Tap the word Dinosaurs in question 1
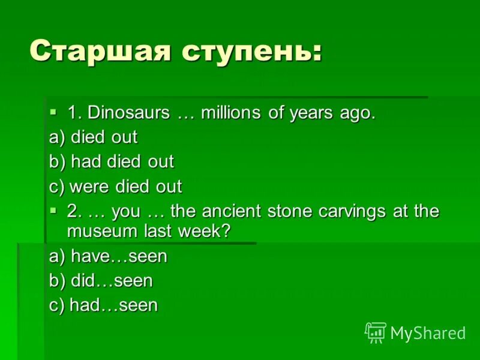(126, 113)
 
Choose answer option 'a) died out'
(93, 137)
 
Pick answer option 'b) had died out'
(111, 161)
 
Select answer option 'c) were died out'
(115, 186)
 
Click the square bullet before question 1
(53, 112)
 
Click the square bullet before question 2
(53, 210)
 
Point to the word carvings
(361, 212)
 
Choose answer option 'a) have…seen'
(108, 256)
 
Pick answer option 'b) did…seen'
(101, 280)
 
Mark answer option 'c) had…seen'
(103, 305)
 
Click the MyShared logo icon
(375, 332)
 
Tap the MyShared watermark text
(428, 333)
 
